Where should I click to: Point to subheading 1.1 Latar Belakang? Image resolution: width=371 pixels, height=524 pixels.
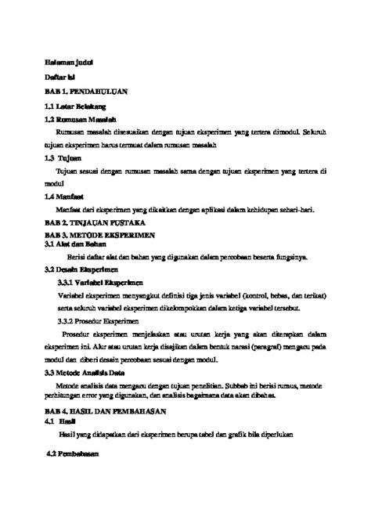[76, 105]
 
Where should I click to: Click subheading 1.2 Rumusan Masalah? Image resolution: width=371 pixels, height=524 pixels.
[81, 119]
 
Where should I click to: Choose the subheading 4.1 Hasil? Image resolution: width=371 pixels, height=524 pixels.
[62, 421]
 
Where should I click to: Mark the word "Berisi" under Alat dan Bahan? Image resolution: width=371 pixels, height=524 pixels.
[77, 256]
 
